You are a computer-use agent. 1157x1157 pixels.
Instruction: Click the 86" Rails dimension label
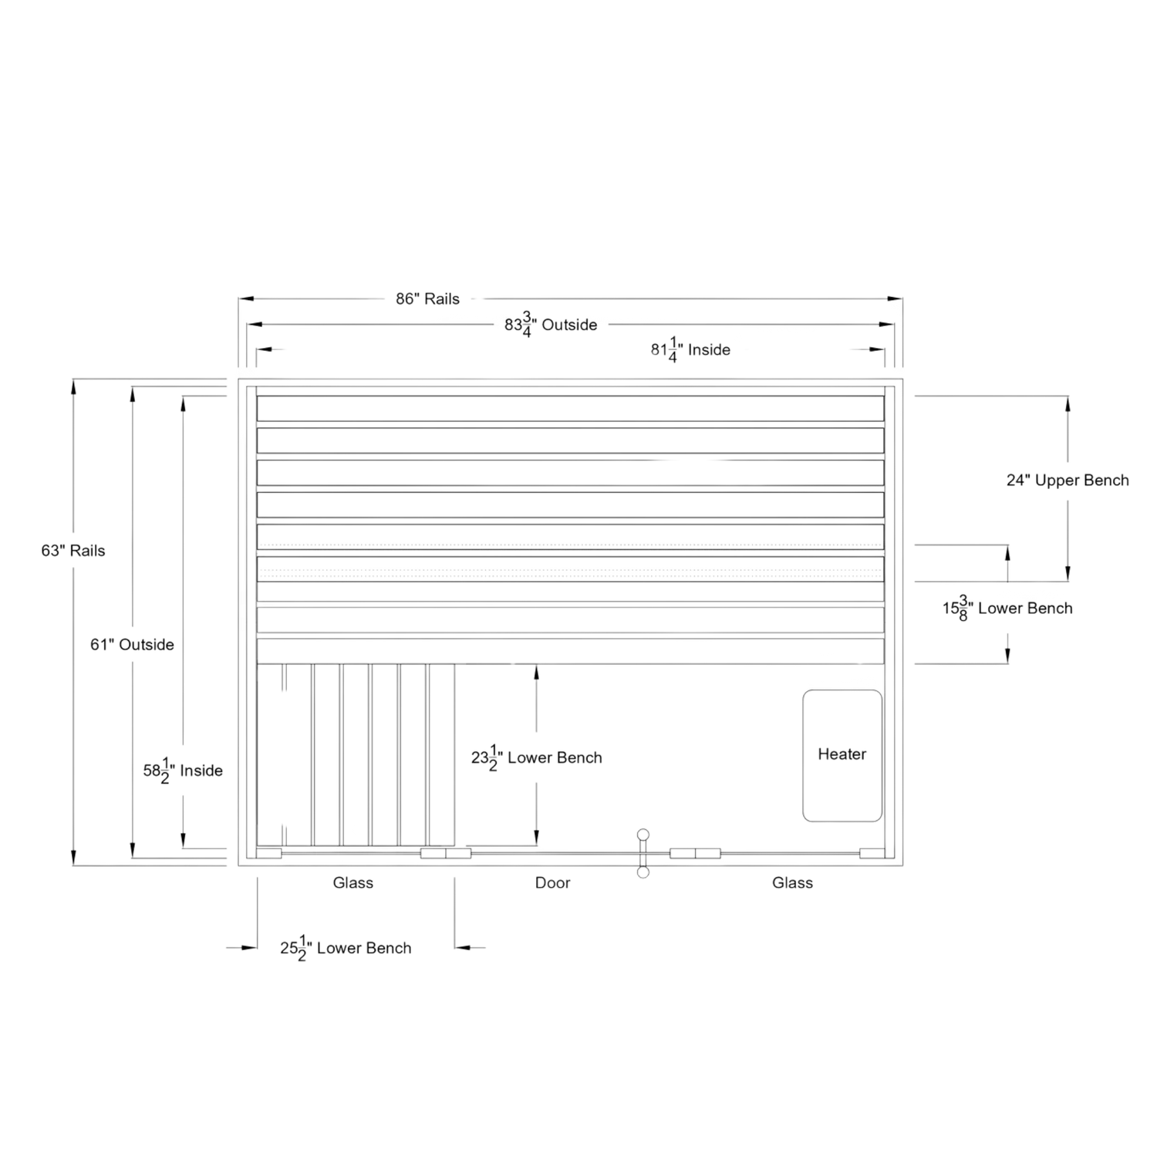(x=428, y=299)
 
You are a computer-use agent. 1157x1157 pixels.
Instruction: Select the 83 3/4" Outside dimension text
(x=551, y=326)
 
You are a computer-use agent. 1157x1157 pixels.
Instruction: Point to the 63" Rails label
(x=73, y=551)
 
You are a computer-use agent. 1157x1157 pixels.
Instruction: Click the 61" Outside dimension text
(x=132, y=645)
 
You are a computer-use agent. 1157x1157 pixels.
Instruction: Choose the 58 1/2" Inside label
(x=183, y=771)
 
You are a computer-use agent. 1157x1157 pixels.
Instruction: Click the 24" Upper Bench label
(x=1068, y=481)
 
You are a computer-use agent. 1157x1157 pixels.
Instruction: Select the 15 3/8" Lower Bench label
(x=1007, y=609)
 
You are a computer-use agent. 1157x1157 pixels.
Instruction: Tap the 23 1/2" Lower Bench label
(x=537, y=758)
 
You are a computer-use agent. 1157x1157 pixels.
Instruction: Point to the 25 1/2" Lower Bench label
(x=346, y=947)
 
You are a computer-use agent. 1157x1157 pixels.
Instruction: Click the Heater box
(x=842, y=756)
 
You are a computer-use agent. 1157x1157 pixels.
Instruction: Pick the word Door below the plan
(x=553, y=882)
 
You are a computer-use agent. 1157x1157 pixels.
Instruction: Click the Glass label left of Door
(x=353, y=882)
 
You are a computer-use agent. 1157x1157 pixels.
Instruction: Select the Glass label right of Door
(x=792, y=882)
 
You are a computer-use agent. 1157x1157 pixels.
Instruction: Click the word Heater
(x=842, y=754)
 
